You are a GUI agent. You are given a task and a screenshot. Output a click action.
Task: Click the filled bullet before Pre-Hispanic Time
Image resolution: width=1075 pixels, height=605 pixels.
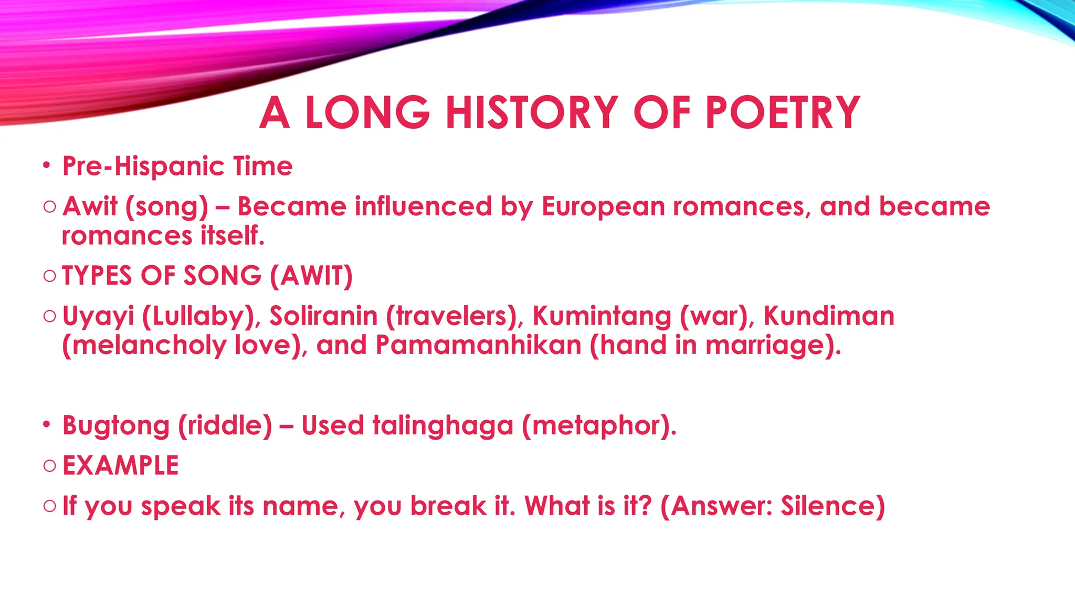point(47,166)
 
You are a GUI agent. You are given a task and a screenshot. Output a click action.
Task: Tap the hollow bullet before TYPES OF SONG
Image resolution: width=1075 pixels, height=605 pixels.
point(50,276)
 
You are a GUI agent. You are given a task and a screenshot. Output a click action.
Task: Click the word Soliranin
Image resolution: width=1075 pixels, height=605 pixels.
point(323,316)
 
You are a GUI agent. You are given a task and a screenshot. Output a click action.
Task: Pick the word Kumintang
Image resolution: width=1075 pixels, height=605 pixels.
point(602,316)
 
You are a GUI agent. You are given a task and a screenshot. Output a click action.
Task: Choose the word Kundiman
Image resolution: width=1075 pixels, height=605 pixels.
point(829,316)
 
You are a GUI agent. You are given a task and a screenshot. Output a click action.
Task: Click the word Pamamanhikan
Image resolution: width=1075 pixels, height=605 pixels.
point(478,346)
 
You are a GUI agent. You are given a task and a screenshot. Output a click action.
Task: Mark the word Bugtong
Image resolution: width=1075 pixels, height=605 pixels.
point(115,425)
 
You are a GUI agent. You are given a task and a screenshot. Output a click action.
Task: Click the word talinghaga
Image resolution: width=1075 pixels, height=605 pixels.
point(442,425)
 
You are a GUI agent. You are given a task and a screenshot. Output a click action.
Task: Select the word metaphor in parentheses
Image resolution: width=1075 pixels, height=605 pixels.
point(598,425)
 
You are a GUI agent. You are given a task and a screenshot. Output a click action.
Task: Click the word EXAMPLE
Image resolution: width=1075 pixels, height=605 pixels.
point(121,466)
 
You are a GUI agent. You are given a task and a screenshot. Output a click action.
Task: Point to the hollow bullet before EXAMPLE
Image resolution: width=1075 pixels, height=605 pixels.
point(50,466)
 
